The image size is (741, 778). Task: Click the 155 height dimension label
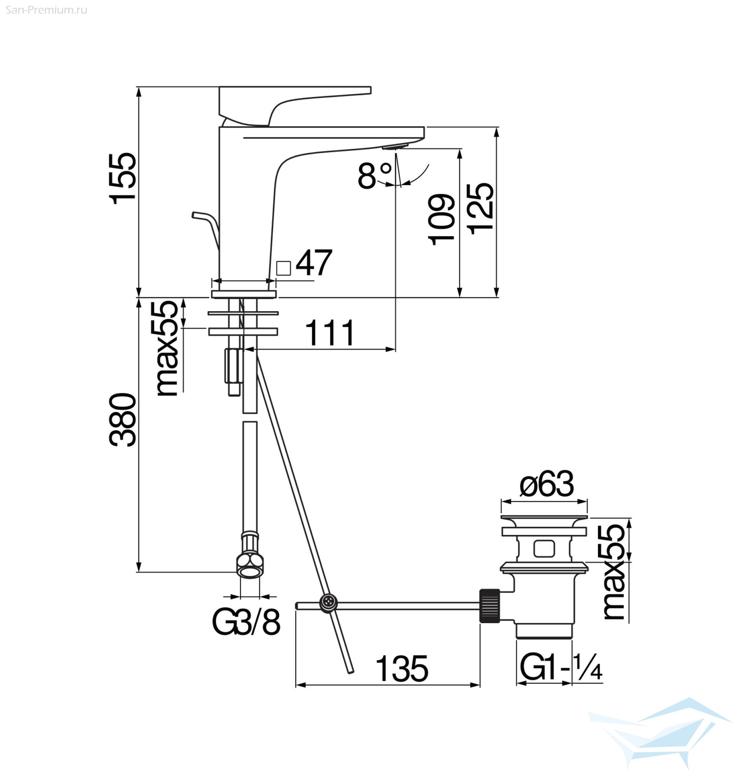click(123, 178)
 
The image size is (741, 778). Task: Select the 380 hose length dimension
click(123, 419)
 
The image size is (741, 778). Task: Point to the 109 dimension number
click(441, 219)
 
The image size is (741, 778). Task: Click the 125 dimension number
click(480, 209)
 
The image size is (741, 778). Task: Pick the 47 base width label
click(314, 262)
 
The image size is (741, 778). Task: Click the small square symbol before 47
click(284, 268)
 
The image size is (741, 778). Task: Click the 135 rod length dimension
click(402, 669)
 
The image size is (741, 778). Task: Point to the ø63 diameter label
click(547, 484)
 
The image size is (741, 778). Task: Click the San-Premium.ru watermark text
click(47, 10)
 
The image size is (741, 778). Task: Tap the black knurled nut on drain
click(490, 606)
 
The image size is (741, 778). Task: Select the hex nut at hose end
click(250, 566)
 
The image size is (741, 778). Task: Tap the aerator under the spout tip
click(394, 147)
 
